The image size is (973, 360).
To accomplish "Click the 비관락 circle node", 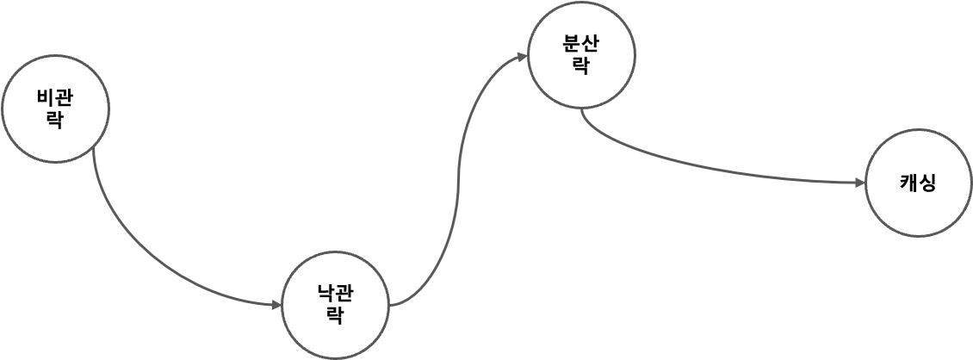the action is (x=56, y=109).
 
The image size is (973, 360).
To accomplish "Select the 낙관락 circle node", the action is (x=336, y=305).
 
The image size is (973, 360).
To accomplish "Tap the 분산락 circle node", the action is (x=581, y=56).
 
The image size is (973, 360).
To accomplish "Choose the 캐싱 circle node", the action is (x=918, y=183).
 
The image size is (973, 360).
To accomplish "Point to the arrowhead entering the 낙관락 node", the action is (x=276, y=304).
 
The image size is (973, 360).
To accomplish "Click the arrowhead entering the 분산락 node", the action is (x=522, y=57).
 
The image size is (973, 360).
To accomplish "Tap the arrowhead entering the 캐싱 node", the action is (x=858, y=183).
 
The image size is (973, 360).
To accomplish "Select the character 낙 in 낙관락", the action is (x=326, y=295).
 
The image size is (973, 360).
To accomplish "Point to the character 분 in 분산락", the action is (x=572, y=46).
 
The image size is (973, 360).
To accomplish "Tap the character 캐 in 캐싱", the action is (x=908, y=183).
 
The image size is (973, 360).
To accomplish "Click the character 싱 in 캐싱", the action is (x=927, y=183).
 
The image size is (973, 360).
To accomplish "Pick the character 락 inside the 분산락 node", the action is (x=581, y=66).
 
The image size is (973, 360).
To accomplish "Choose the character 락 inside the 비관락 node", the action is (x=56, y=120).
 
